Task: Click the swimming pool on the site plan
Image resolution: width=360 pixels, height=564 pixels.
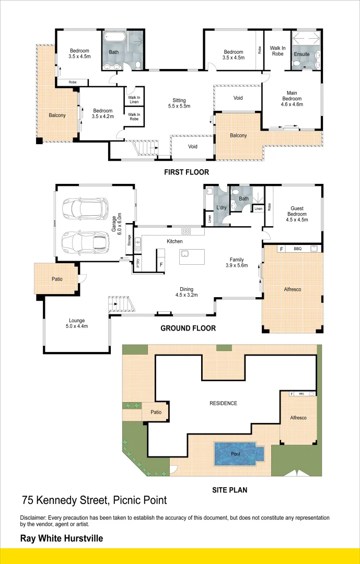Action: point(236,454)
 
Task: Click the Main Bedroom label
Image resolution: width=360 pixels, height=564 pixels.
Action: point(292,99)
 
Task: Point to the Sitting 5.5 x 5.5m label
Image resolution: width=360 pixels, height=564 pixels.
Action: point(179,103)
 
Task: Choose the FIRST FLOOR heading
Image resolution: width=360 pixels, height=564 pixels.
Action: point(186,172)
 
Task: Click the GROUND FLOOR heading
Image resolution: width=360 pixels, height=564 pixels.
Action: point(188,328)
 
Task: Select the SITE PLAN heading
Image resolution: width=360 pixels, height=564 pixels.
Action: point(229,490)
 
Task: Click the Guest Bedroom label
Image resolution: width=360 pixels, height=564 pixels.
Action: point(296,214)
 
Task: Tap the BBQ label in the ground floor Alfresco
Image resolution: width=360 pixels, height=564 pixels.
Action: point(297,249)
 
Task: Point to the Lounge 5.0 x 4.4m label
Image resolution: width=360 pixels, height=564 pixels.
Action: point(77,323)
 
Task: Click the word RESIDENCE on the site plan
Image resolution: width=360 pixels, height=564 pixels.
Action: point(223,403)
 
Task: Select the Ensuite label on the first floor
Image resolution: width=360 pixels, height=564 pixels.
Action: point(301,54)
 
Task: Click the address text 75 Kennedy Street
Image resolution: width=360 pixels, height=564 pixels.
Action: point(94,500)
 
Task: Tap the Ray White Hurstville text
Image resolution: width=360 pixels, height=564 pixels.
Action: point(61,538)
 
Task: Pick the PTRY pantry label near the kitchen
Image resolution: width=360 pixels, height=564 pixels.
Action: point(138,263)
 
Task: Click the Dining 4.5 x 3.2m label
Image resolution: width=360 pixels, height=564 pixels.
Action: point(187,292)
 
